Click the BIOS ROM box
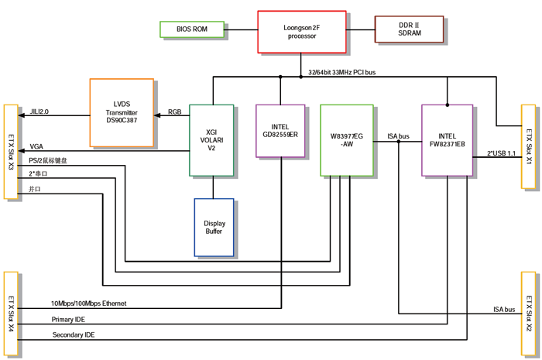[191, 29]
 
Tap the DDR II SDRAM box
[409, 29]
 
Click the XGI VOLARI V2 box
[212, 140]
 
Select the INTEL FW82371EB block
[447, 139]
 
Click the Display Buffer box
[213, 227]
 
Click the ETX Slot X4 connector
[10, 314]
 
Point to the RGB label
[175, 111]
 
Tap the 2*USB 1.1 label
[502, 154]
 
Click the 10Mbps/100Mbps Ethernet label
[88, 303]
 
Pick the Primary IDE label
[69, 319]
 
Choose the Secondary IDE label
[74, 334]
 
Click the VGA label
[36, 146]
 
